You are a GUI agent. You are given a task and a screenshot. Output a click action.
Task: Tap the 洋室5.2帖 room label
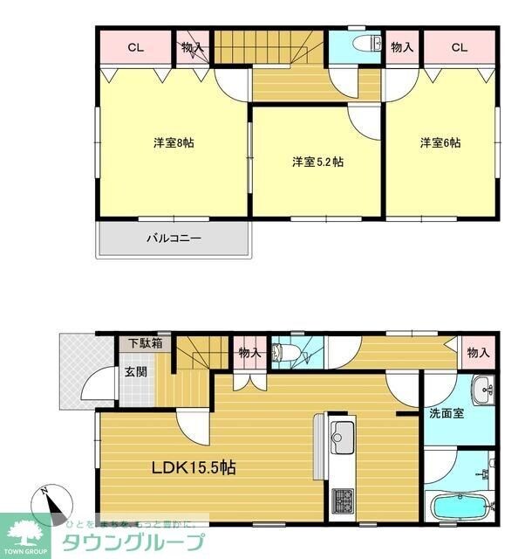317,162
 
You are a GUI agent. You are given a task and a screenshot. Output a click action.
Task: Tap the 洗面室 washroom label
446,412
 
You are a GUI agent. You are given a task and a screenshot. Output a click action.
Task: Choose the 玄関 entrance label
135,372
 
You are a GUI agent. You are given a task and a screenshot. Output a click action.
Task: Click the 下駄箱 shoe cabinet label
146,343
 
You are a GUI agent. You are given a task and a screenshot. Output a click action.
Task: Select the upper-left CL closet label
135,47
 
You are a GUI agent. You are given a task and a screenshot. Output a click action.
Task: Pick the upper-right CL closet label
460,47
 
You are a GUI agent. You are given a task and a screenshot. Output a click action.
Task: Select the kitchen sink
341,432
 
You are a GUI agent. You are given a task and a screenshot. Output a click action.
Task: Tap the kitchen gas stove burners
341,501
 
